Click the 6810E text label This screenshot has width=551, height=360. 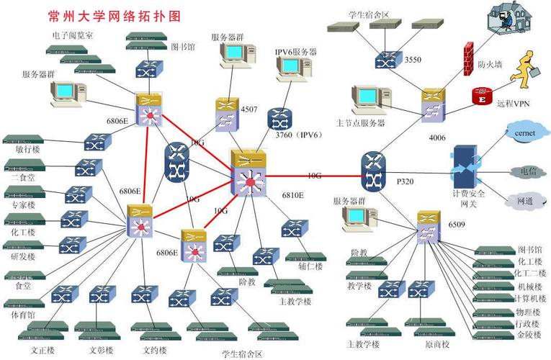pyautogui.click(x=292, y=194)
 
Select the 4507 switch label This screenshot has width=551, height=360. pyautogui.click(x=249, y=109)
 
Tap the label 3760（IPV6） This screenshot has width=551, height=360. pyautogui.click(x=297, y=135)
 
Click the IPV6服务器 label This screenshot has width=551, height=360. pyautogui.click(x=295, y=52)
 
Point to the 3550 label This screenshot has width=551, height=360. pyautogui.click(x=413, y=59)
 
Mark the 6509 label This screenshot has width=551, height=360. pyautogui.click(x=456, y=225)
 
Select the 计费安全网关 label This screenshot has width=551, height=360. pyautogui.click(x=469, y=199)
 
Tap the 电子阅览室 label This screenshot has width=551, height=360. pyautogui.click(x=73, y=34)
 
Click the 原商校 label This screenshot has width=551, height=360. pyautogui.click(x=436, y=344)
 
